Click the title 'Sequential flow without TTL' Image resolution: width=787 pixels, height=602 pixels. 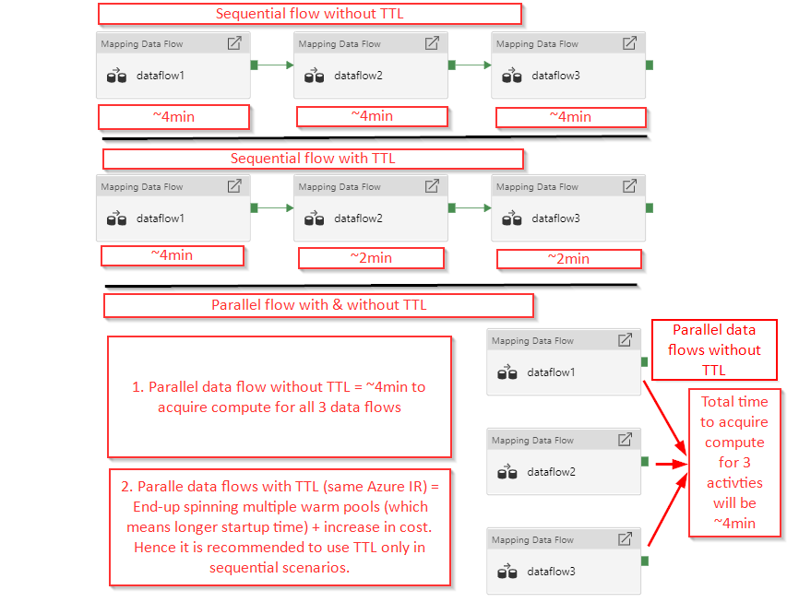(x=309, y=14)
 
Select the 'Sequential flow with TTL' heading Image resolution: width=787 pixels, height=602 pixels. (x=313, y=159)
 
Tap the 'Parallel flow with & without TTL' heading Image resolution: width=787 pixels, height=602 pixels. (x=318, y=304)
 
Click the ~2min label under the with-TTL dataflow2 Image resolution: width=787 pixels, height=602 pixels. (x=371, y=257)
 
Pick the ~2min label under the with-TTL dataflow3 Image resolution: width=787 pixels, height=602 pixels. (x=567, y=258)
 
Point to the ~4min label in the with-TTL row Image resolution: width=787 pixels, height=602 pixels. (x=172, y=254)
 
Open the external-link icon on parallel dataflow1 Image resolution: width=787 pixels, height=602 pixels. (x=625, y=340)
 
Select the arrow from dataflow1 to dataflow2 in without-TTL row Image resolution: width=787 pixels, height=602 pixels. (x=275, y=65)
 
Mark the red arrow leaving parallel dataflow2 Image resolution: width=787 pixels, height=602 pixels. (x=668, y=464)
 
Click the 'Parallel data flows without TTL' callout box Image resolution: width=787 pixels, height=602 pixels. (x=714, y=350)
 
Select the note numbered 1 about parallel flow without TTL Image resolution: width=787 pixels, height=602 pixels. (x=280, y=396)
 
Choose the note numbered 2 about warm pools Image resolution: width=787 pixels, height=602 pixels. (x=280, y=525)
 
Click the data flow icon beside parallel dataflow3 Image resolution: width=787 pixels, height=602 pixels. (x=507, y=572)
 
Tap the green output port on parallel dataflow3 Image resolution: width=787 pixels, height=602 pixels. (x=645, y=561)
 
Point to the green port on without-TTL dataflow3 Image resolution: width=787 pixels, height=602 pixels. (x=650, y=65)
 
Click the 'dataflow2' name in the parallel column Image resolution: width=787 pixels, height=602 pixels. (x=551, y=472)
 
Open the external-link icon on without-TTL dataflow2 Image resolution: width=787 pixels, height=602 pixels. (x=432, y=43)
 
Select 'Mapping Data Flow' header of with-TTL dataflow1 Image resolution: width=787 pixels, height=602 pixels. (x=142, y=187)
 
